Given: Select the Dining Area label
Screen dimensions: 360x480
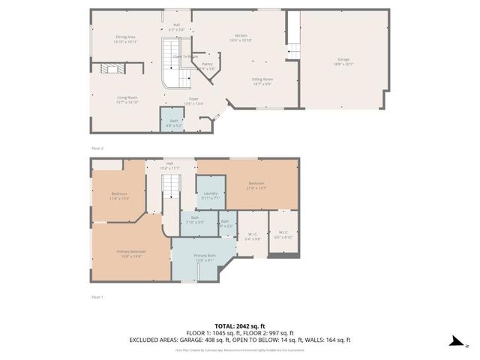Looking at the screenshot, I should pyautogui.click(x=125, y=38).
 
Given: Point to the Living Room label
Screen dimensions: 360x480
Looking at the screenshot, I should pyautogui.click(x=127, y=99).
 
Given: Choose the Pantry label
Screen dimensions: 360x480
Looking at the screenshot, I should pyautogui.click(x=207, y=66).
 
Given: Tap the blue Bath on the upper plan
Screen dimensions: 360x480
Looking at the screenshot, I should pyautogui.click(x=173, y=122).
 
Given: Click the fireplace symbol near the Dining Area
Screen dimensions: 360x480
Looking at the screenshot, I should pyautogui.click(x=111, y=68).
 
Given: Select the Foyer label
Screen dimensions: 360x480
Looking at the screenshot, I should pyautogui.click(x=193, y=100).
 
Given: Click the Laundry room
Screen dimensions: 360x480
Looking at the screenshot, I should pyautogui.click(x=210, y=196).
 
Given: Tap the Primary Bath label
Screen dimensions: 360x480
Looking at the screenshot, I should pyautogui.click(x=205, y=258).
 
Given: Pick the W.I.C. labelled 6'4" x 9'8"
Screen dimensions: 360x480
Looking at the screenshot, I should pyautogui.click(x=253, y=237).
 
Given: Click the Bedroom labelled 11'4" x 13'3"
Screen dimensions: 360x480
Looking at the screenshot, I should pyautogui.click(x=119, y=196).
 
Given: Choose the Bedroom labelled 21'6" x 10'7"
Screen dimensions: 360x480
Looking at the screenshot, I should pyautogui.click(x=256, y=184).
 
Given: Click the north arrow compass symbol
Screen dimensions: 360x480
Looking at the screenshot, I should pyautogui.click(x=454, y=341).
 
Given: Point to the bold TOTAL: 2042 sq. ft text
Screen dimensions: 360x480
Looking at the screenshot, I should pyautogui.click(x=240, y=326).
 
